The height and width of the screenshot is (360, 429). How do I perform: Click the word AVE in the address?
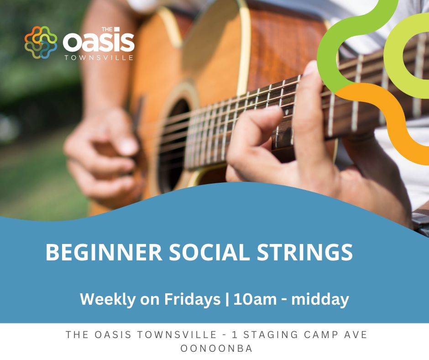[x=356, y=335]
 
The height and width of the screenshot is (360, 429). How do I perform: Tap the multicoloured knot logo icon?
[x=41, y=42]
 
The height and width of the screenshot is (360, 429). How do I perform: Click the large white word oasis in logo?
[x=99, y=43]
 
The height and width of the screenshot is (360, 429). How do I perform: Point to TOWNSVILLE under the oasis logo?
[x=99, y=58]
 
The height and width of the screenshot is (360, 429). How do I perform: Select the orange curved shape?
[x=388, y=114]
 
